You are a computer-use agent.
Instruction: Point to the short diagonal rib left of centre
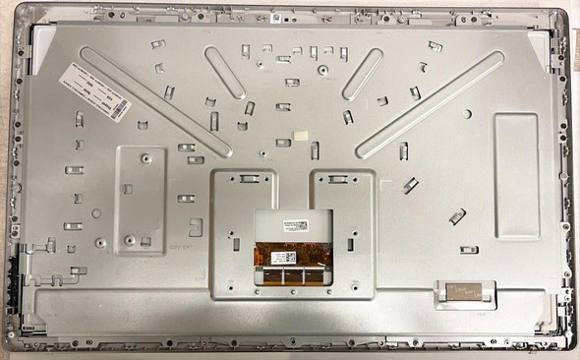pyautogui.click(x=225, y=72)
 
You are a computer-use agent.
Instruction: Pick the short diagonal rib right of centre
pyautogui.click(x=362, y=73)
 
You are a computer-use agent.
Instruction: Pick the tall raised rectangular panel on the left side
pyautogui.click(x=140, y=201)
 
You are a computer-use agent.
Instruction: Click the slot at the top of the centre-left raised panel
pyautogui.click(x=245, y=179)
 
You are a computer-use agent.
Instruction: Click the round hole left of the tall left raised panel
pyautogui.click(x=95, y=212)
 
